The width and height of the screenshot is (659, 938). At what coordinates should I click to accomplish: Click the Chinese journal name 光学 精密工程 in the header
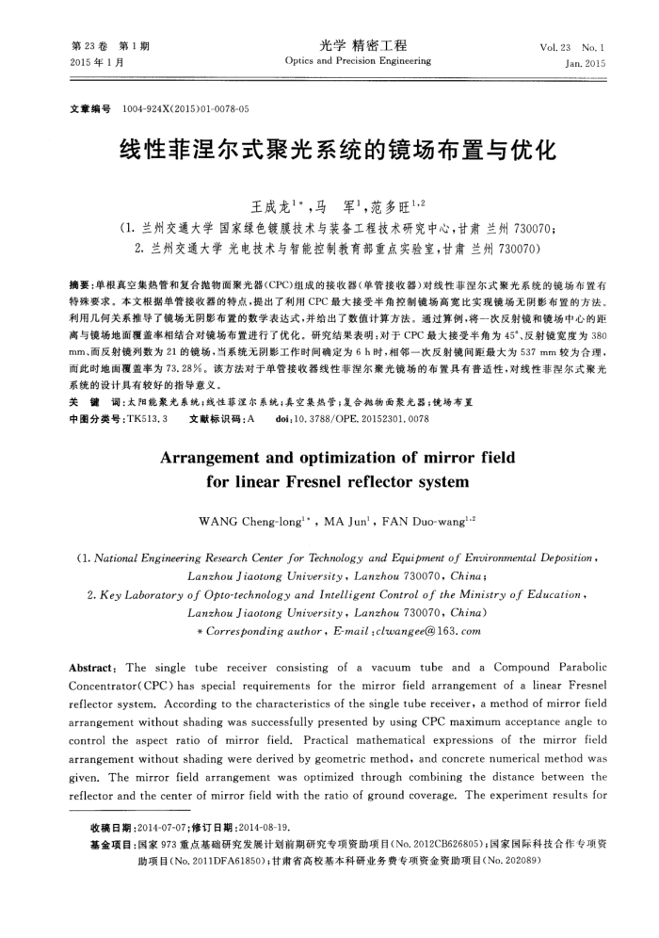click(362, 45)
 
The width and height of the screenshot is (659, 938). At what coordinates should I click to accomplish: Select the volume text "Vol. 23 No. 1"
click(572, 47)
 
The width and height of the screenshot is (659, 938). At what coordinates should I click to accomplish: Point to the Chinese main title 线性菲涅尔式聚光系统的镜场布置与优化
click(329, 151)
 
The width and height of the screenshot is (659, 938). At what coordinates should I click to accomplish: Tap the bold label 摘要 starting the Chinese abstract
click(81, 283)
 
